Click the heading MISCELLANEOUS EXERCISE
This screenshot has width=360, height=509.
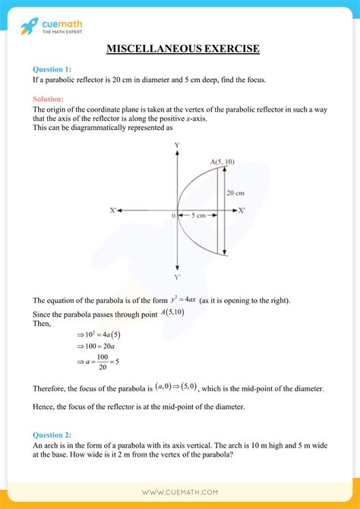[x=183, y=49]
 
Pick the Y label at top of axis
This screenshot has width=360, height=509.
[x=177, y=144]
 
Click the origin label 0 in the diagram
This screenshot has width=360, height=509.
[x=173, y=216]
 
